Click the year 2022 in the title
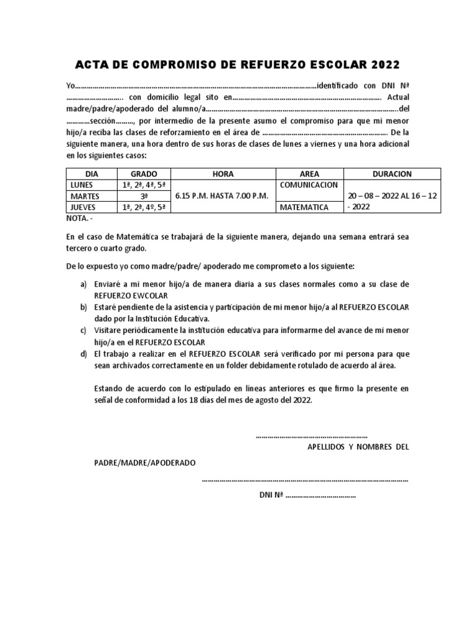386,65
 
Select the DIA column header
91,174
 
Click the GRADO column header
144,174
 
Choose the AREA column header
309,174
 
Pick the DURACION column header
392,174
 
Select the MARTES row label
84,196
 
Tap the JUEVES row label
83,207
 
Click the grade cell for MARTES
144,196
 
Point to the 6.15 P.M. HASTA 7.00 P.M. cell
222,196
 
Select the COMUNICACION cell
309,185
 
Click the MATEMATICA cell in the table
304,207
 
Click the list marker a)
83,284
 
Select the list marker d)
83,354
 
